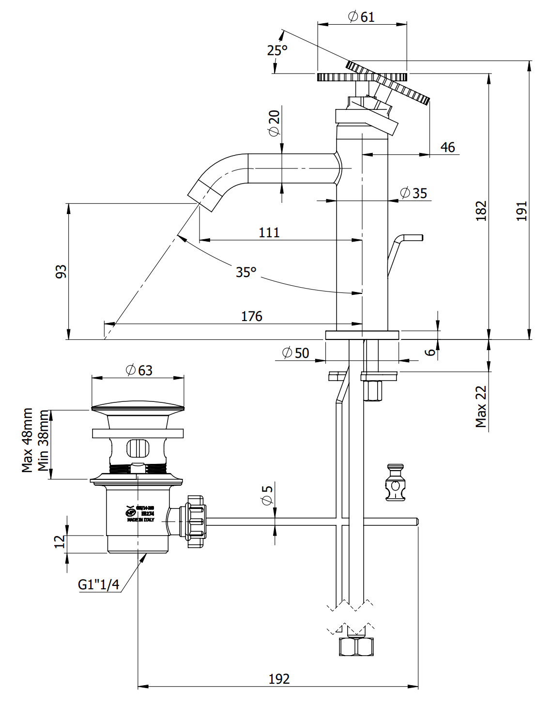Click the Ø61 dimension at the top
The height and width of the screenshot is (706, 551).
point(362,17)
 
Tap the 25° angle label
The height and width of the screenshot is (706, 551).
point(277,50)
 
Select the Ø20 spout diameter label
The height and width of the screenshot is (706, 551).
point(274,124)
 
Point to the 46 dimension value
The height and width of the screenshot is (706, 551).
point(447,147)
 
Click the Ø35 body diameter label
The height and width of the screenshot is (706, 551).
point(414,193)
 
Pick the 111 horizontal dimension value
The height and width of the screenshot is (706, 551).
point(269,232)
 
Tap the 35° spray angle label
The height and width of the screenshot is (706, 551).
point(245,272)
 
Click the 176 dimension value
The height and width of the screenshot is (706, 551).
point(251,316)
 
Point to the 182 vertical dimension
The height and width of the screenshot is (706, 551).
point(481,211)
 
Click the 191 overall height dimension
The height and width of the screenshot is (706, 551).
point(521,211)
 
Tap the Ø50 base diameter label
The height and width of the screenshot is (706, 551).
point(295,353)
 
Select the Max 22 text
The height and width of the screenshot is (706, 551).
point(481,406)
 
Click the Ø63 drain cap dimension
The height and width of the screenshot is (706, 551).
point(139,370)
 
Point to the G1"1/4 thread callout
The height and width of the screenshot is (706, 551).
point(98,584)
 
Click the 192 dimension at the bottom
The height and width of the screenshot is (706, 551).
point(279,679)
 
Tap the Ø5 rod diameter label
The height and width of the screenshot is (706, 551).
point(267,494)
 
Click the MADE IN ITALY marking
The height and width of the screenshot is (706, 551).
point(140,520)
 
